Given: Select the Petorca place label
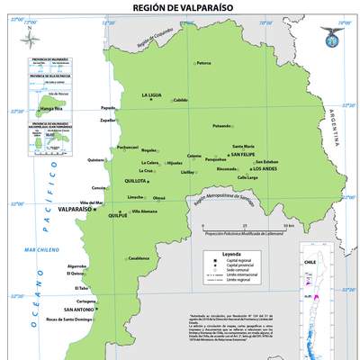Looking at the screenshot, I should [x=203, y=63].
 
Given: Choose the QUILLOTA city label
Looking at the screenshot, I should [x=136, y=180].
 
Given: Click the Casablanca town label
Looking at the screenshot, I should [x=138, y=258].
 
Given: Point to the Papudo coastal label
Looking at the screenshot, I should [x=109, y=105].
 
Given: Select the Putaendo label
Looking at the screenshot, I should [x=222, y=126].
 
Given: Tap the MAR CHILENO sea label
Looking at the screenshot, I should [x=41, y=249].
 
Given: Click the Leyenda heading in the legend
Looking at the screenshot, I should [x=232, y=255].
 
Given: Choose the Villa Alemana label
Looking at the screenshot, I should [x=144, y=211].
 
